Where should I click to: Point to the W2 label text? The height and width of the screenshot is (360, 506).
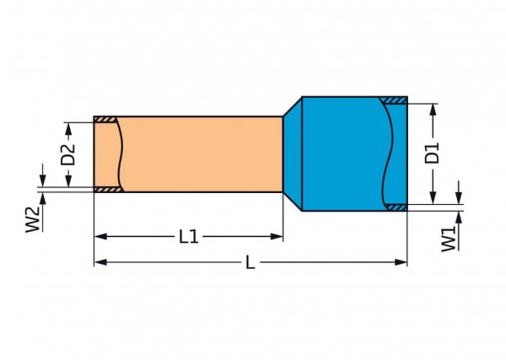click(x=32, y=220)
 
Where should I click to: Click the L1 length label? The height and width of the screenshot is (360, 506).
click(x=189, y=238)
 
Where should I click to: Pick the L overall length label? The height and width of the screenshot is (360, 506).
click(x=250, y=263)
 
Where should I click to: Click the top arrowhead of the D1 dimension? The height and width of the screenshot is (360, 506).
click(x=433, y=109)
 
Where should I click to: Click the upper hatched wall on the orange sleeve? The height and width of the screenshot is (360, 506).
click(x=105, y=120)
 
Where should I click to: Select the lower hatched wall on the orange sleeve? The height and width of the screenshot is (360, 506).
click(x=105, y=190)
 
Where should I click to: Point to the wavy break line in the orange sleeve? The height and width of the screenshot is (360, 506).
click(x=121, y=154)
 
